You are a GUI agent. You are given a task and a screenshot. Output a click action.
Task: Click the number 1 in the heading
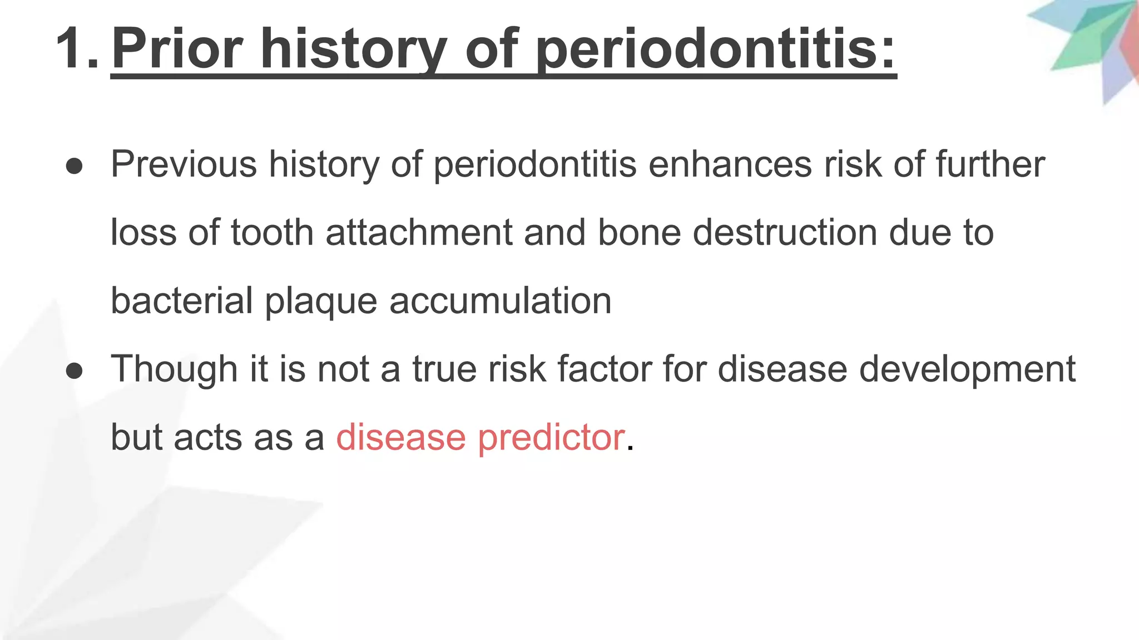click(71, 49)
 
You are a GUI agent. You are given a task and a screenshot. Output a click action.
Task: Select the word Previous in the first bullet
click(184, 164)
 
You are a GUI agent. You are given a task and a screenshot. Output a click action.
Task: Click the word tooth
click(273, 232)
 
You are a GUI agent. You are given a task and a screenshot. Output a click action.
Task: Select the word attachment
click(418, 232)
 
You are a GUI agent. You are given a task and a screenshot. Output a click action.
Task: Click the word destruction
click(785, 232)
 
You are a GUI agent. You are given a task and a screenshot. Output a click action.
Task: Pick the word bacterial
click(182, 301)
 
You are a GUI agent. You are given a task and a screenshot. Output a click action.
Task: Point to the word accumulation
click(500, 301)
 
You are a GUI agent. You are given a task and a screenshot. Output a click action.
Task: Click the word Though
click(174, 369)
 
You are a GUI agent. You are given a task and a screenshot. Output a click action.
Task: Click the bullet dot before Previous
click(74, 166)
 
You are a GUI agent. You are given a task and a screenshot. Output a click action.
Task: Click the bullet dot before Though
click(74, 371)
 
